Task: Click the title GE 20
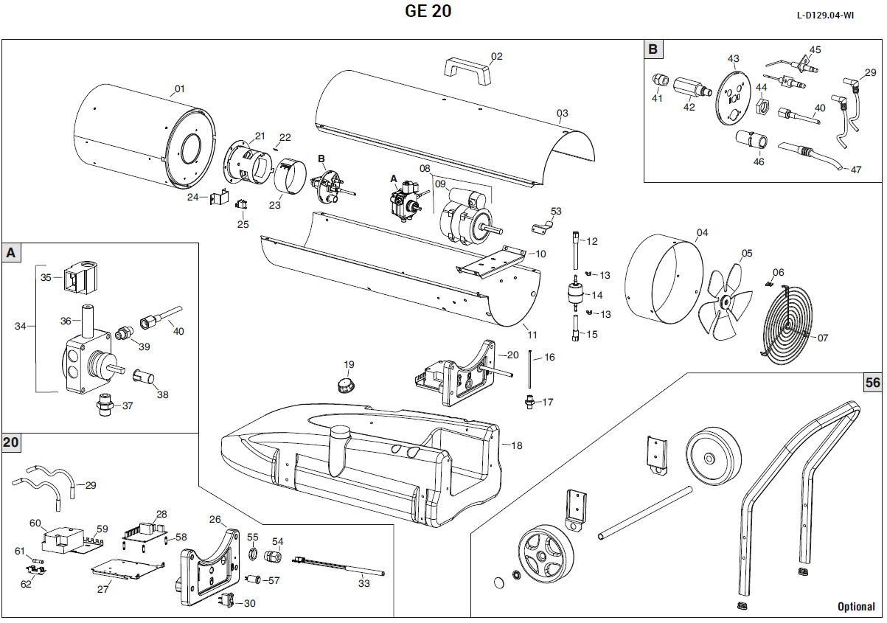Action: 428,11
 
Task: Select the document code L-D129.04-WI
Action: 836,15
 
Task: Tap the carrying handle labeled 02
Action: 467,69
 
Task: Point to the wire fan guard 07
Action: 788,322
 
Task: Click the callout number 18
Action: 516,445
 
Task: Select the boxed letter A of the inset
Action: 11,253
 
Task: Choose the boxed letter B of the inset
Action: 653,49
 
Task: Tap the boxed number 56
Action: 873,382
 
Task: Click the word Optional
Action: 856,607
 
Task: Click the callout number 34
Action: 21,325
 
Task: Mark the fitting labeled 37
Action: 105,405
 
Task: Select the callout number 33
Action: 364,583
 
